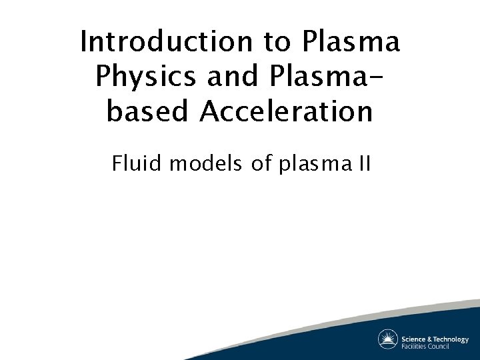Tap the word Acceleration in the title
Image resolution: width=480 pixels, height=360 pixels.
pos(282,111)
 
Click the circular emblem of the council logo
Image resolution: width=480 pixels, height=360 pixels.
pos(388,339)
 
